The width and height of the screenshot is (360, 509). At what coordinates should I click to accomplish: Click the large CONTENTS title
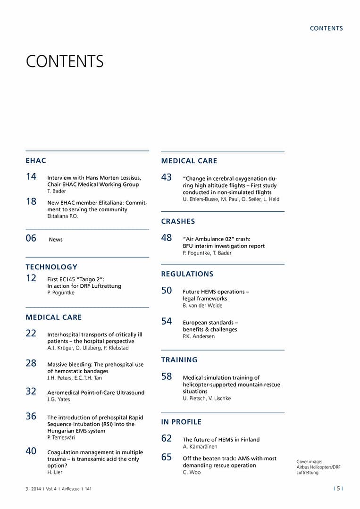coord(65,62)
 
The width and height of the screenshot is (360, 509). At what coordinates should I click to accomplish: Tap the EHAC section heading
coord(36,161)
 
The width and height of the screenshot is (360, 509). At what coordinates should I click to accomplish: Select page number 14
coord(31,176)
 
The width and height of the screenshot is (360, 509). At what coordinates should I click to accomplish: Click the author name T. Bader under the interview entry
coord(57,192)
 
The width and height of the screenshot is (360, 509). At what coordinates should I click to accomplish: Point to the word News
coord(56,240)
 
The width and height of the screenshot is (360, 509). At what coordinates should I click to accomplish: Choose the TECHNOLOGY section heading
coord(51,267)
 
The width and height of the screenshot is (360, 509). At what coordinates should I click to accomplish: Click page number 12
coord(31,278)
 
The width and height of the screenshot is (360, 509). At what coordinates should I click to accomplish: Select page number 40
coord(31,451)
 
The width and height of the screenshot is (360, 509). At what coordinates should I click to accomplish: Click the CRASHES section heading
coord(178,221)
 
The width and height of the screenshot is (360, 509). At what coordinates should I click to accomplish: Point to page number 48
coord(167,238)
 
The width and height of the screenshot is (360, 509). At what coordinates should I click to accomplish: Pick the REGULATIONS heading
coord(187,274)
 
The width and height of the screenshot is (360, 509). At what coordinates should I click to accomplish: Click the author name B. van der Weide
coord(202,306)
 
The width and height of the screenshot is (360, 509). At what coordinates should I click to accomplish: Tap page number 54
coord(167,321)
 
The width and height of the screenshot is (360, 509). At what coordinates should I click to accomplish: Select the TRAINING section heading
coord(179,360)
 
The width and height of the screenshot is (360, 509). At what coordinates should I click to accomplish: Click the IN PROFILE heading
coord(181,422)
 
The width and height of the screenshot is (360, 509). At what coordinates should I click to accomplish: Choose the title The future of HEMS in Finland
coord(221,440)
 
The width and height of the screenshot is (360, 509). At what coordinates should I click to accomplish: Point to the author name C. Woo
coord(192,472)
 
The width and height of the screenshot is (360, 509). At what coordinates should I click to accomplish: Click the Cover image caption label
coord(310,462)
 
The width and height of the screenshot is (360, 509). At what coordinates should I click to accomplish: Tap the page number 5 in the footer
coord(338,489)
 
